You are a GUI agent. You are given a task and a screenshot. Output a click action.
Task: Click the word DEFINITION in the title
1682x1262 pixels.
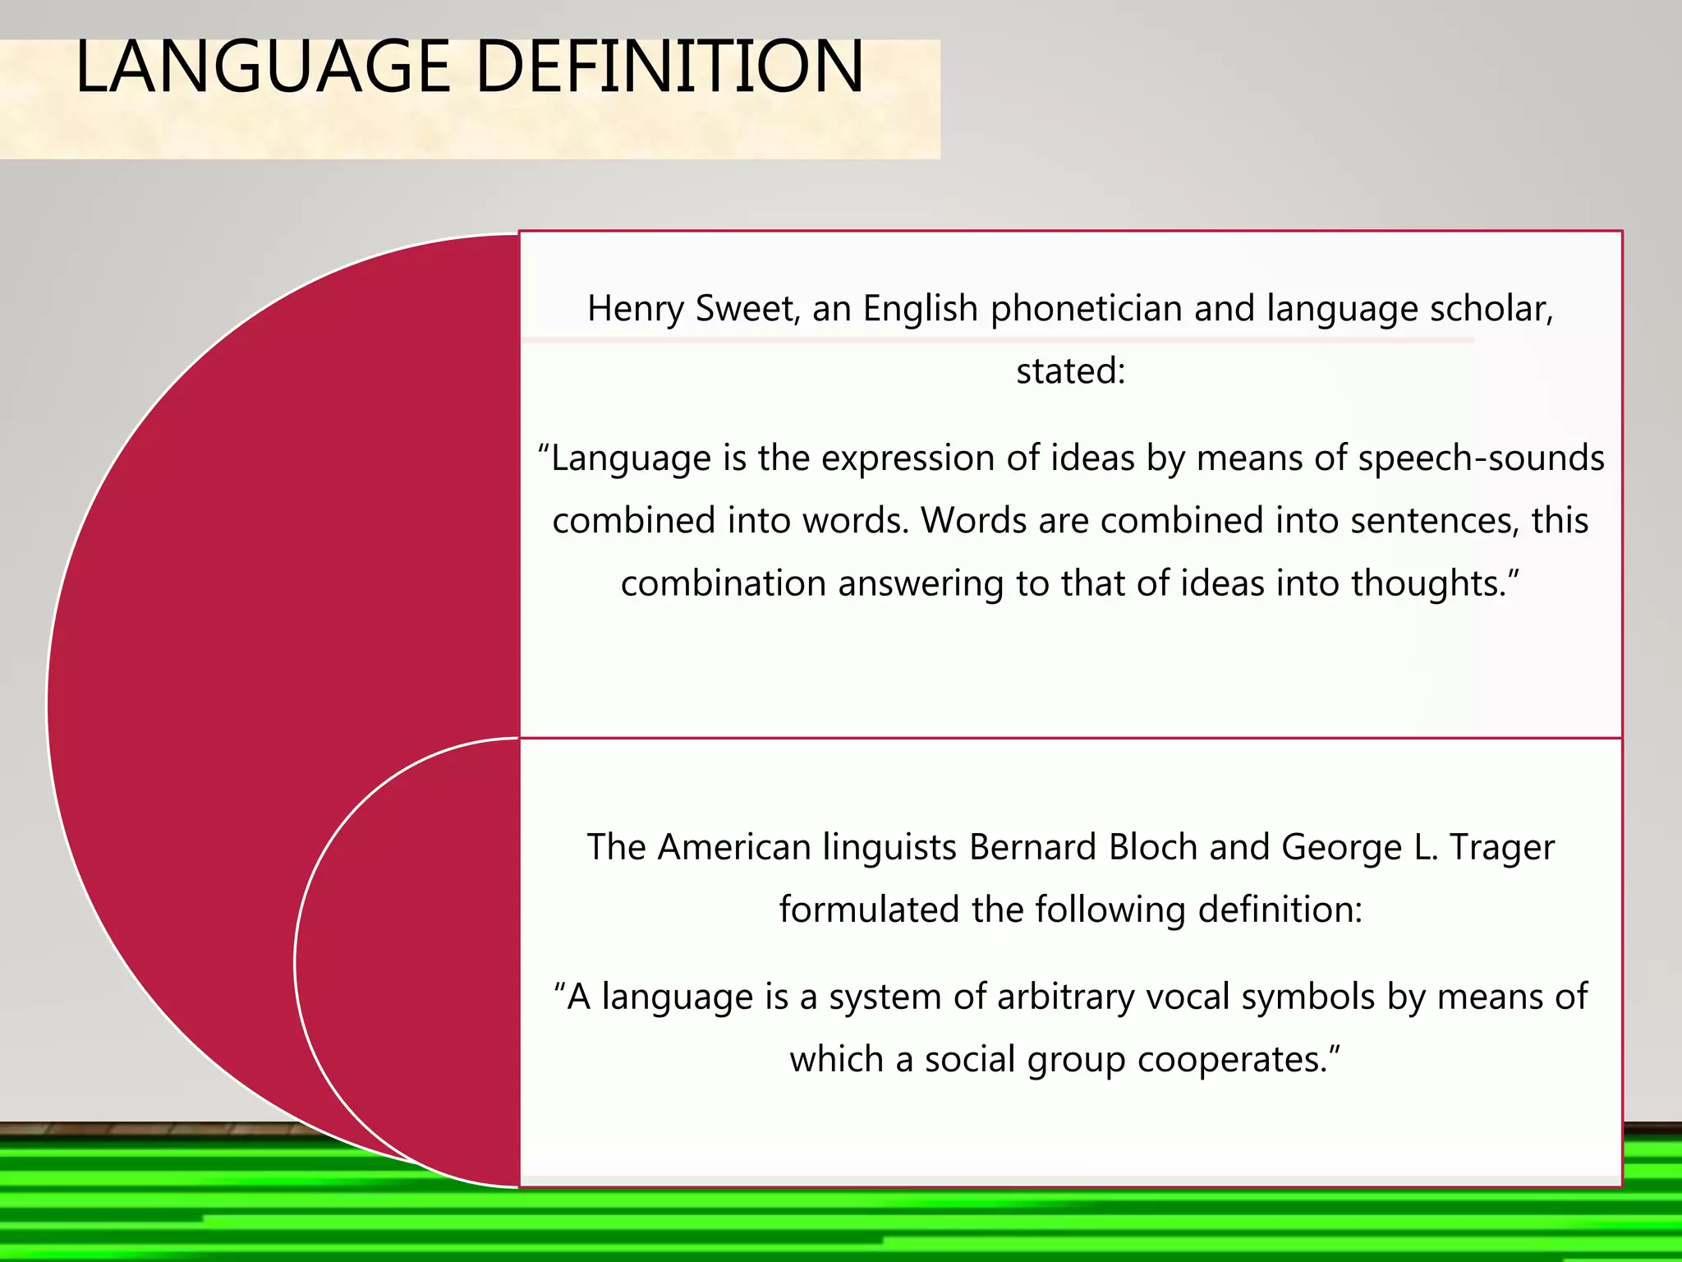pos(669,67)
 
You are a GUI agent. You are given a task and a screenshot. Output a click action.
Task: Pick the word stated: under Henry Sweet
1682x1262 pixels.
pos(1070,371)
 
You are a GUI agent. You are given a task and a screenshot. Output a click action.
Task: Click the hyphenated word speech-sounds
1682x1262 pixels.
pos(1481,458)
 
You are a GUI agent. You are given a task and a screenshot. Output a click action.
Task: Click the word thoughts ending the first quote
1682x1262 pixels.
pos(1431,583)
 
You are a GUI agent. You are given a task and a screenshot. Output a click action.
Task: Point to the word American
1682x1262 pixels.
pos(734,848)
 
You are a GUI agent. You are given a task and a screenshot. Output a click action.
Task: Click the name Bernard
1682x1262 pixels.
pos(1032,848)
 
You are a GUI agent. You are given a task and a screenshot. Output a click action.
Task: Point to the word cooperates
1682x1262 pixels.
pos(1239,1060)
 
